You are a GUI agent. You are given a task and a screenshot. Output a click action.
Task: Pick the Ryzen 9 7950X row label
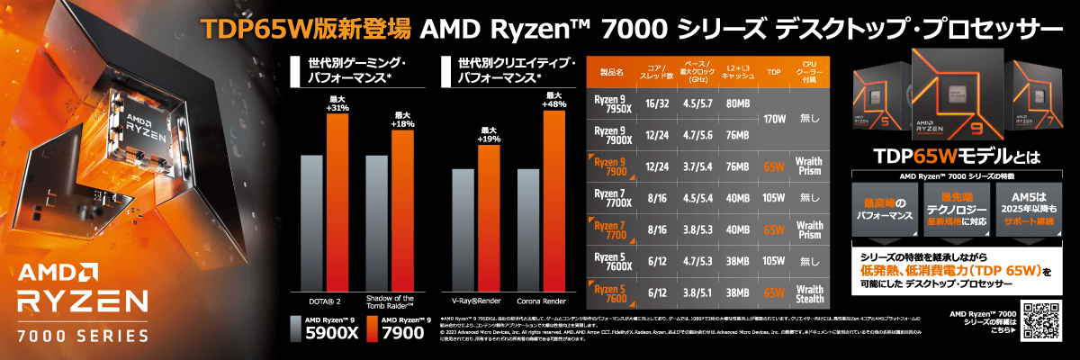tap(612, 103)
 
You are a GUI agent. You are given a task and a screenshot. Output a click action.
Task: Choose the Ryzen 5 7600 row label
tap(612, 292)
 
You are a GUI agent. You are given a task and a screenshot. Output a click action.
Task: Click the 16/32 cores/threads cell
tap(657, 103)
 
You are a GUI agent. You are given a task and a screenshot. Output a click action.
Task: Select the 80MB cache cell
tap(737, 103)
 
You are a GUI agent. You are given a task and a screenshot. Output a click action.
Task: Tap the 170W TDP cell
tap(773, 119)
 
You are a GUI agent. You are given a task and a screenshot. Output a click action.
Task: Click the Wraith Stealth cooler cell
tap(809, 292)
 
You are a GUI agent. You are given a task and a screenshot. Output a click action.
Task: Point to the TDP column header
tap(773, 72)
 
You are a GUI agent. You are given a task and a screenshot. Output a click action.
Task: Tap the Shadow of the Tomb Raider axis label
tap(391, 303)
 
